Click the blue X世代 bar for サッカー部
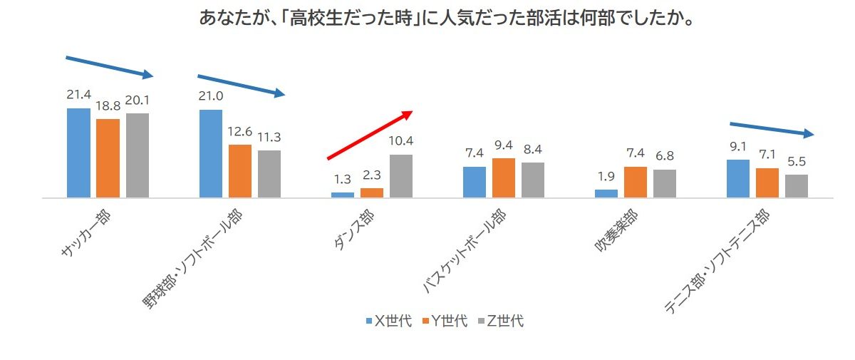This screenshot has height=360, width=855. [x=78, y=153]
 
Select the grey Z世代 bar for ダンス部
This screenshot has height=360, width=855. [x=401, y=175]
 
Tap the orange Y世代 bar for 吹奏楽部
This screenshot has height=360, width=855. [x=636, y=182]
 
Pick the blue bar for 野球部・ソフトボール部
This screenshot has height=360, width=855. [x=211, y=153]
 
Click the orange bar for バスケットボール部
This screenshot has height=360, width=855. [x=504, y=178]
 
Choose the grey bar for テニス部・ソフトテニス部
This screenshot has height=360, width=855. [x=797, y=185]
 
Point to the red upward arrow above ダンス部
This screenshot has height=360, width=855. [x=370, y=135]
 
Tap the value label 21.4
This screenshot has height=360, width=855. [x=78, y=95]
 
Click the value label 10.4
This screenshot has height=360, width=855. [x=401, y=140]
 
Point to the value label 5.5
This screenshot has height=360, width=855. [x=797, y=161]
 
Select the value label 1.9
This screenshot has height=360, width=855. [x=606, y=176]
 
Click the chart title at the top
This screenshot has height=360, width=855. [x=447, y=17]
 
